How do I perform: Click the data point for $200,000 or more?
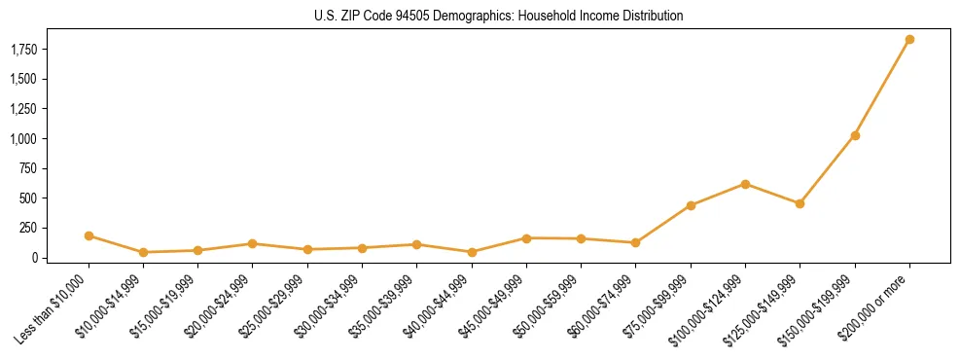pos(909,40)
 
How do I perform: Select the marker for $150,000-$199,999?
pos(855,135)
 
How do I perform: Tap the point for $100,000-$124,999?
pos(745,184)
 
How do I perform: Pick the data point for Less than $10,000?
pos(89,235)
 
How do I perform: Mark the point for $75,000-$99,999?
pos(691,205)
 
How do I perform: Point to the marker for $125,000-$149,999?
pos(800,203)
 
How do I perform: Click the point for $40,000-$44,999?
pos(472,252)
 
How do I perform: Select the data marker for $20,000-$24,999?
pos(253,243)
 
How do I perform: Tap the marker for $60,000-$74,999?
pos(635,242)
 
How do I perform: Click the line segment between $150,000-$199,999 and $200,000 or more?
pos(882,88)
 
